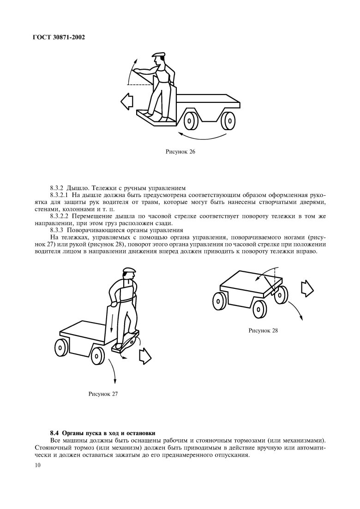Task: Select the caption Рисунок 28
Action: tap(263, 330)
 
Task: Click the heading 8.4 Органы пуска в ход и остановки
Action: tap(102, 433)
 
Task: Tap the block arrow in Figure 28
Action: tap(307, 289)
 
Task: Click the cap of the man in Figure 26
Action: tap(159, 55)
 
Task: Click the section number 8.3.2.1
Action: tap(60, 196)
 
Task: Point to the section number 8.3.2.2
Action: tap(60, 216)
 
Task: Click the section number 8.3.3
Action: tap(57, 230)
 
